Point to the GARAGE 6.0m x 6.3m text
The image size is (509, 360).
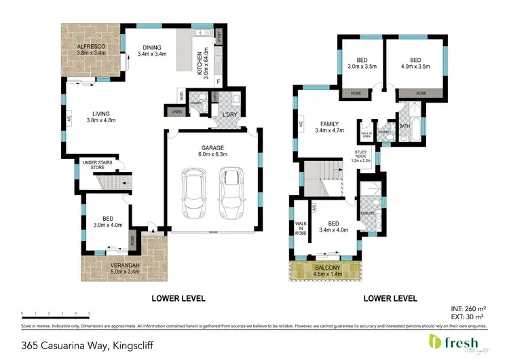click(x=212, y=150)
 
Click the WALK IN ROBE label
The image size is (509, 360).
click(x=299, y=228)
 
